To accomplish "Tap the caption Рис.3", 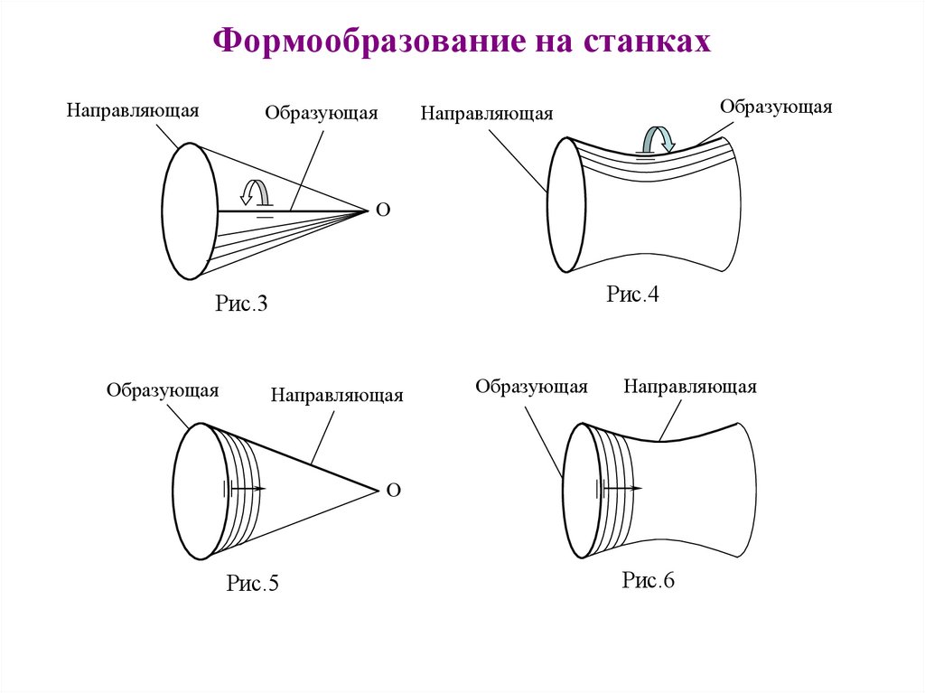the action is [242, 304].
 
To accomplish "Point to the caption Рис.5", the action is [252, 584].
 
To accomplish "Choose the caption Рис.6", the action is [648, 580].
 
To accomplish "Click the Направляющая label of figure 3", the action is [132, 110].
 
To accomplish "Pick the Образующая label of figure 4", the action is [776, 107].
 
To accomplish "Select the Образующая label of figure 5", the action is [163, 390].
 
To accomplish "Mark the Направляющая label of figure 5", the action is [337, 395].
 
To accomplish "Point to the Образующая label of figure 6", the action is [532, 387].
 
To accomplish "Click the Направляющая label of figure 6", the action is [689, 387].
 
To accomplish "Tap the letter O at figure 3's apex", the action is [382, 211].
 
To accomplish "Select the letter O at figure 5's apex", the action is [393, 491].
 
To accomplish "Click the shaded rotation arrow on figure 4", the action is [656, 139].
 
